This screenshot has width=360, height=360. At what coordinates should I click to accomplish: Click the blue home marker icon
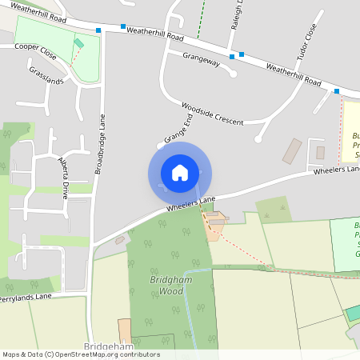coord(180,173)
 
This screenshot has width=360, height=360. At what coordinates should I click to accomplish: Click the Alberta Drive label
coord(63,171)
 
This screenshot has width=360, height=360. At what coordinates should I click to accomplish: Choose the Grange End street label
coord(178,129)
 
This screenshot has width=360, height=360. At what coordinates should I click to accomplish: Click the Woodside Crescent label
coord(212,111)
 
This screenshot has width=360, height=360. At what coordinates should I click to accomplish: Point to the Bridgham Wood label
coord(167,286)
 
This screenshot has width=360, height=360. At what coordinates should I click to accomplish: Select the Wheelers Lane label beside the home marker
coord(192,203)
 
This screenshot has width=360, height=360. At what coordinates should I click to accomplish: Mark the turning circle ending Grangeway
coord(233,74)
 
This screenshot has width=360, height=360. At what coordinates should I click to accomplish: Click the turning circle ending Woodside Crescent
coord(258,138)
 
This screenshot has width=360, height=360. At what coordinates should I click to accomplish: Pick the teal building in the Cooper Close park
coord(78,44)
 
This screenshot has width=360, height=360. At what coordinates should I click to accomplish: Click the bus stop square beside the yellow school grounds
coord(337,91)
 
